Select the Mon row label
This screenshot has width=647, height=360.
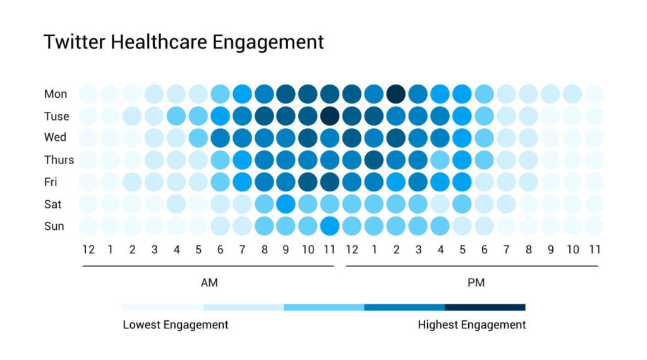(x=56, y=94)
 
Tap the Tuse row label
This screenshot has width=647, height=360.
(x=57, y=116)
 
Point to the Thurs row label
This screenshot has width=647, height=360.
(x=59, y=160)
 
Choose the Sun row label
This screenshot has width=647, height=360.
(x=54, y=226)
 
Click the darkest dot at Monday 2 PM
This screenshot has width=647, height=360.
(x=396, y=94)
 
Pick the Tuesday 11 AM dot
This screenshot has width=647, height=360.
(x=330, y=116)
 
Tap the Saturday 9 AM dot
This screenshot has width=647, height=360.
(x=286, y=204)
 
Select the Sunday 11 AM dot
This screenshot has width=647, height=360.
(x=330, y=225)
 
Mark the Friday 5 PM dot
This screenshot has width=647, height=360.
(x=462, y=182)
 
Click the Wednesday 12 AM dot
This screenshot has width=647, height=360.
(x=88, y=138)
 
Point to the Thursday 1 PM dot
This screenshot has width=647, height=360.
(x=374, y=160)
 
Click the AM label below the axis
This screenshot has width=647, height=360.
(x=209, y=283)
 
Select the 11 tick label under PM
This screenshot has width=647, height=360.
(x=594, y=249)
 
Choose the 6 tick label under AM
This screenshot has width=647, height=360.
(x=221, y=249)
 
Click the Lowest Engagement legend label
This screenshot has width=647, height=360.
(x=175, y=325)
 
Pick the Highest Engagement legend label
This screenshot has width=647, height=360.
(x=471, y=325)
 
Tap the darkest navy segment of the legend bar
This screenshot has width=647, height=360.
(x=485, y=307)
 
